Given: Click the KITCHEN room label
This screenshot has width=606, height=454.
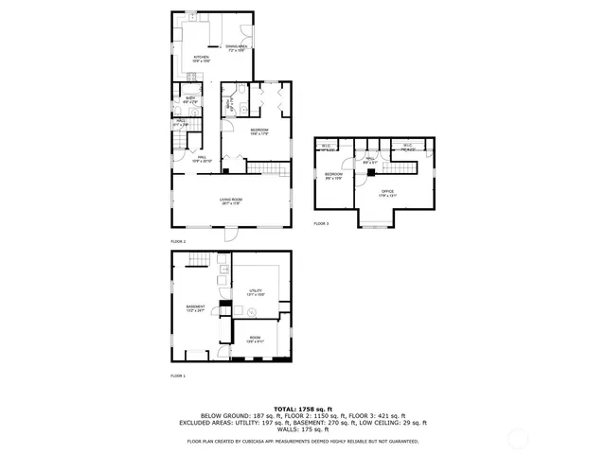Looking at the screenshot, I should click(x=201, y=58).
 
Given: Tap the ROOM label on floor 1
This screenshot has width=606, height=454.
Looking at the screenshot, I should click(x=254, y=340).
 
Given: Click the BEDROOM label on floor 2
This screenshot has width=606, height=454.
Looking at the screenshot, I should click(x=259, y=130).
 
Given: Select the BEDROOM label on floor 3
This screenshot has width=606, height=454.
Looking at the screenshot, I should click(x=333, y=175).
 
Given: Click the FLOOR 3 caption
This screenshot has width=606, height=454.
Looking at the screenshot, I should click(x=321, y=223).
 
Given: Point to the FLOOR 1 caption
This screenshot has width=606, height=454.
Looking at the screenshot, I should click(x=177, y=375).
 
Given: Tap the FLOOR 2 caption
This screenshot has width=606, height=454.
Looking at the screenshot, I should click(x=177, y=241).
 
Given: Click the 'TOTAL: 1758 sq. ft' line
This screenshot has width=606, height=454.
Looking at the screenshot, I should click(x=303, y=408).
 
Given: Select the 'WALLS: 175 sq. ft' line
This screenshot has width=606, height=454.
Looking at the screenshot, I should click(x=303, y=430).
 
